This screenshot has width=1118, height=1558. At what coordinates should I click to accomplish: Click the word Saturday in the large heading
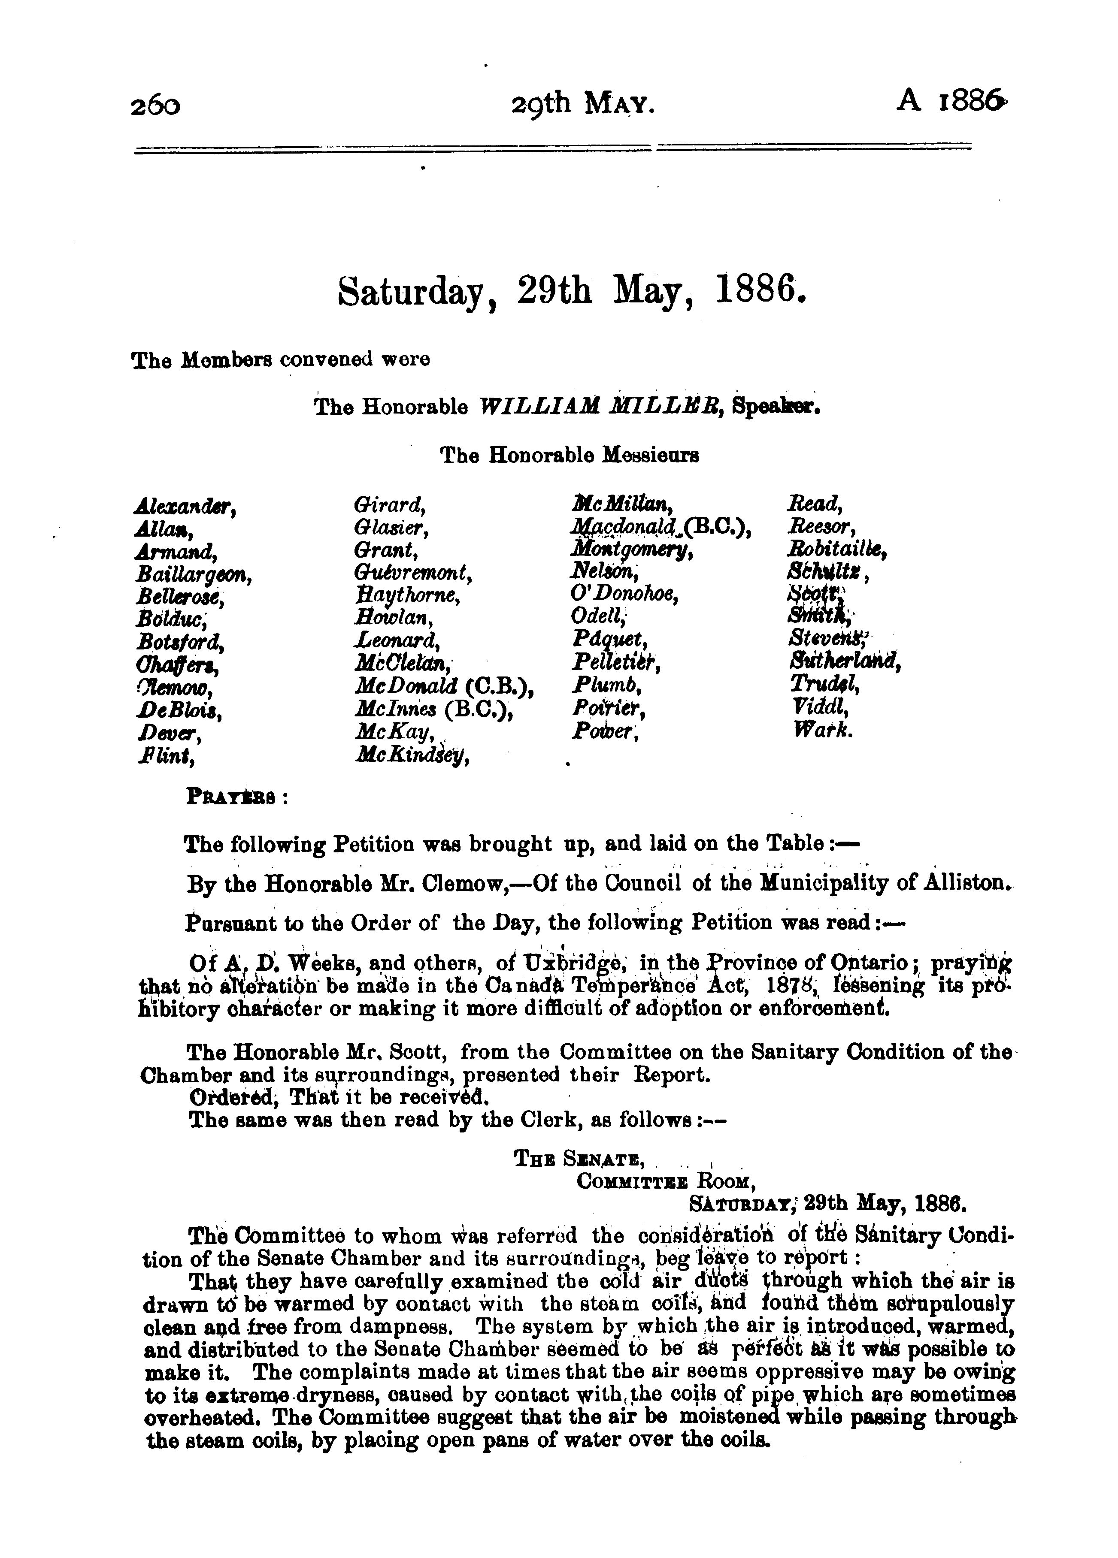coord(416,293)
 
